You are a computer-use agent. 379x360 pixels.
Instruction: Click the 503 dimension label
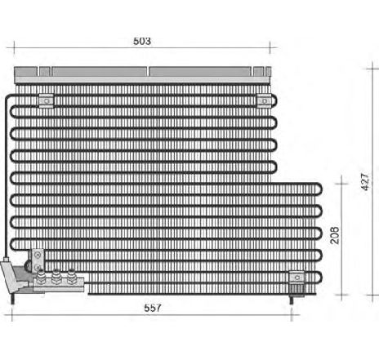(x=142, y=41)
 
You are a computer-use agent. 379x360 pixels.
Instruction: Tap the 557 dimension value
(x=153, y=308)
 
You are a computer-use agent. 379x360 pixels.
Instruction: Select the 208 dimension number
(x=335, y=235)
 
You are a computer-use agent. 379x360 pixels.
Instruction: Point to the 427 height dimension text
(x=365, y=182)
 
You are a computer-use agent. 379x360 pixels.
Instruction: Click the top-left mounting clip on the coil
(x=47, y=100)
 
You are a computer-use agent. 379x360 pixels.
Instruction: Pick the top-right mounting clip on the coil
(x=265, y=100)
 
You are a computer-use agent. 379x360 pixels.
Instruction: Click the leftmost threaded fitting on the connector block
(x=41, y=277)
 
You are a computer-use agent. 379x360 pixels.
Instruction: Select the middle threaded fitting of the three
(x=56, y=277)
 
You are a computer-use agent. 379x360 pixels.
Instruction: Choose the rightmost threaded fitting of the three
(x=71, y=277)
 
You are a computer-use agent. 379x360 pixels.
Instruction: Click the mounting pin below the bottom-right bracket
(x=292, y=300)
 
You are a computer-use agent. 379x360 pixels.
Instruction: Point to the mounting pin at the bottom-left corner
(x=12, y=299)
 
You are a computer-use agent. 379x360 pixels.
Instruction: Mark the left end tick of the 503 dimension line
(x=14, y=47)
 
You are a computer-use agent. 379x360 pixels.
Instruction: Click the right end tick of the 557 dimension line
(x=292, y=315)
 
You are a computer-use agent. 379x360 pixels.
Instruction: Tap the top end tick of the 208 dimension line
(x=341, y=184)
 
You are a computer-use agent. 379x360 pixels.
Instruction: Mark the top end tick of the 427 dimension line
(x=372, y=69)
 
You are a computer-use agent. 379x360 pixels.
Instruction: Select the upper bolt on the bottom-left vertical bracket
(x=38, y=255)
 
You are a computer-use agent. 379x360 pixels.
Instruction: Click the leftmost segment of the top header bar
(x=25, y=72)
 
